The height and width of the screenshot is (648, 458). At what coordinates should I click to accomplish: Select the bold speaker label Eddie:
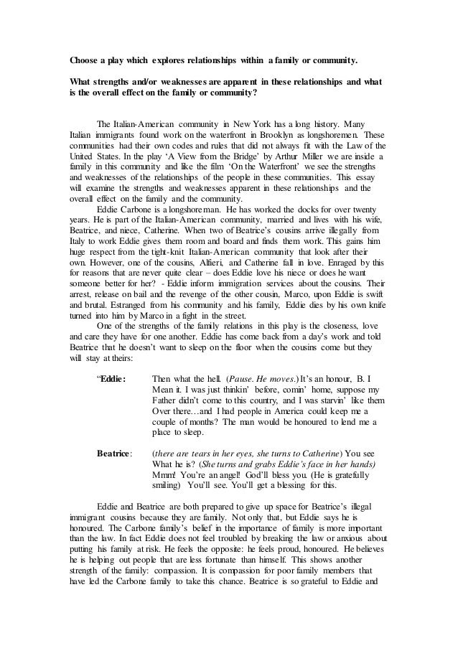110,339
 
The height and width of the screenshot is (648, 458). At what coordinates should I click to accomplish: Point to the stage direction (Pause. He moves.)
259,339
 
